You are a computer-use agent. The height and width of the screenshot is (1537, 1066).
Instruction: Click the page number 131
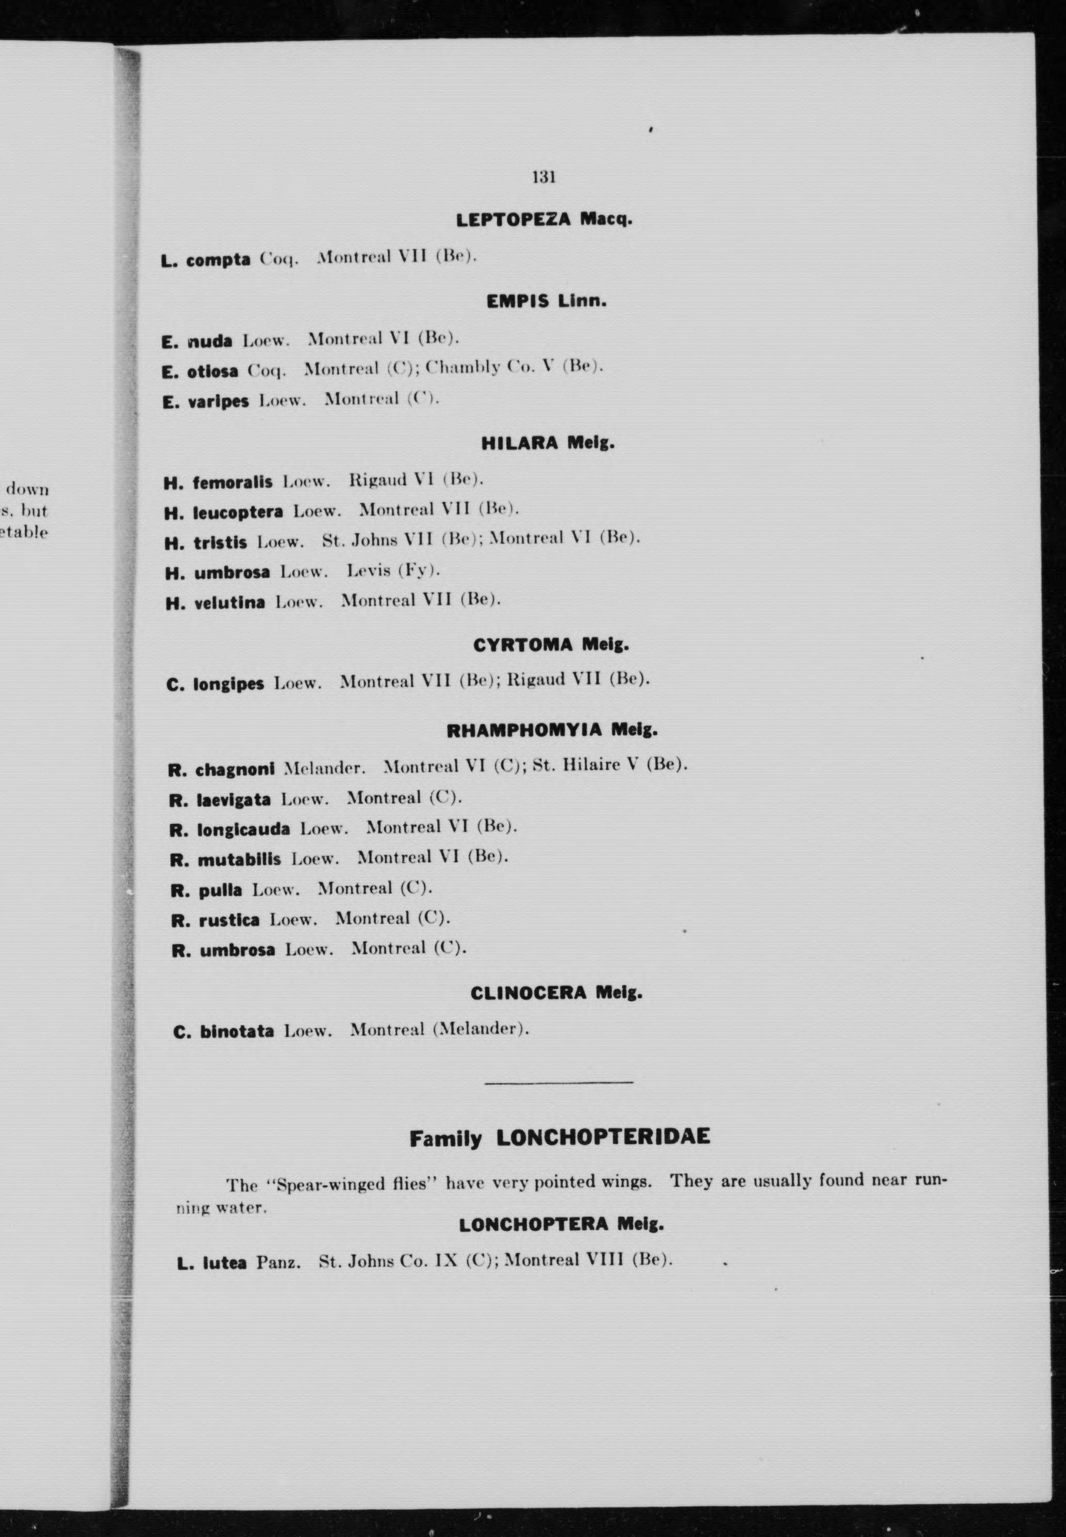coord(544,177)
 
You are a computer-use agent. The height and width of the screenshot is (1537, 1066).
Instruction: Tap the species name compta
coord(218,260)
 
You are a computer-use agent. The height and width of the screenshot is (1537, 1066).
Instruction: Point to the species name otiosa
coord(212,371)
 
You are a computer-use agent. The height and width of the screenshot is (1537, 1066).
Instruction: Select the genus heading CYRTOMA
coord(522,645)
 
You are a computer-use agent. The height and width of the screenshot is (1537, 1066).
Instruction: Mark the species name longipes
coord(228,685)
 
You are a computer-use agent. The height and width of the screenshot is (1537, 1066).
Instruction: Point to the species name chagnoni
coord(235,769)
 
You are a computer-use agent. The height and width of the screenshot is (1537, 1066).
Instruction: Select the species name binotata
coord(237,1031)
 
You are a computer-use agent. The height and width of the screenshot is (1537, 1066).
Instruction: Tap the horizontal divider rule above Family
coord(558,1081)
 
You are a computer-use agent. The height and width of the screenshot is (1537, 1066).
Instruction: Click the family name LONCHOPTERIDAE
coord(603,1136)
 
